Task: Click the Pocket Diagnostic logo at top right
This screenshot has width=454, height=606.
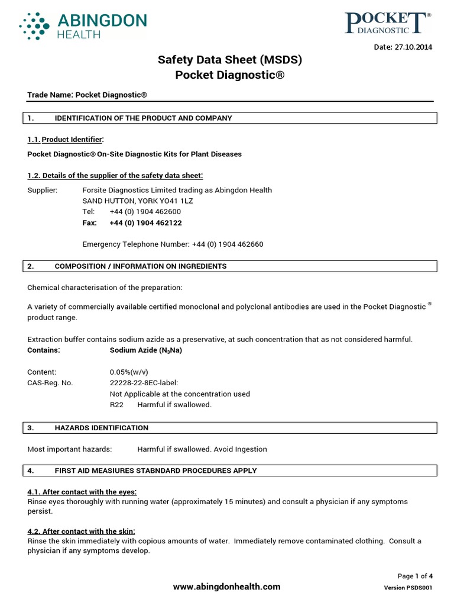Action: [387, 24]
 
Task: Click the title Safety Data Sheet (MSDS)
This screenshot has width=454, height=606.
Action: [230, 60]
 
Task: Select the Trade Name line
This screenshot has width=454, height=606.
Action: [87, 95]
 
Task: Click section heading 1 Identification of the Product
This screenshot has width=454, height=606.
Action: [143, 118]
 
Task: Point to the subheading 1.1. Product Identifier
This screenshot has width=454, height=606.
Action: [66, 139]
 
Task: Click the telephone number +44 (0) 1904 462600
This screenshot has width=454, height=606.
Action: [145, 212]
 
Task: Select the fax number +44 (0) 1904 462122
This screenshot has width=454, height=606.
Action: [145, 223]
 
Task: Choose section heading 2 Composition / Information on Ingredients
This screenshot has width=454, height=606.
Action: [140, 266]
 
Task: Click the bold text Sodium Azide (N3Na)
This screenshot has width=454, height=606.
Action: [146, 350]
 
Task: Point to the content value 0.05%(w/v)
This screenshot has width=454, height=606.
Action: [129, 372]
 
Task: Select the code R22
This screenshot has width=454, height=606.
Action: [116, 405]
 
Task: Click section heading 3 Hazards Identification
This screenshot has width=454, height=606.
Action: [101, 427]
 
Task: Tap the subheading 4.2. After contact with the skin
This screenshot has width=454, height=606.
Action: [82, 531]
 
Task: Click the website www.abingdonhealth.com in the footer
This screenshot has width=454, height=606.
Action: [226, 586]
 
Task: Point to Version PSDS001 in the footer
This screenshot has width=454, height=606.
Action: [408, 588]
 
